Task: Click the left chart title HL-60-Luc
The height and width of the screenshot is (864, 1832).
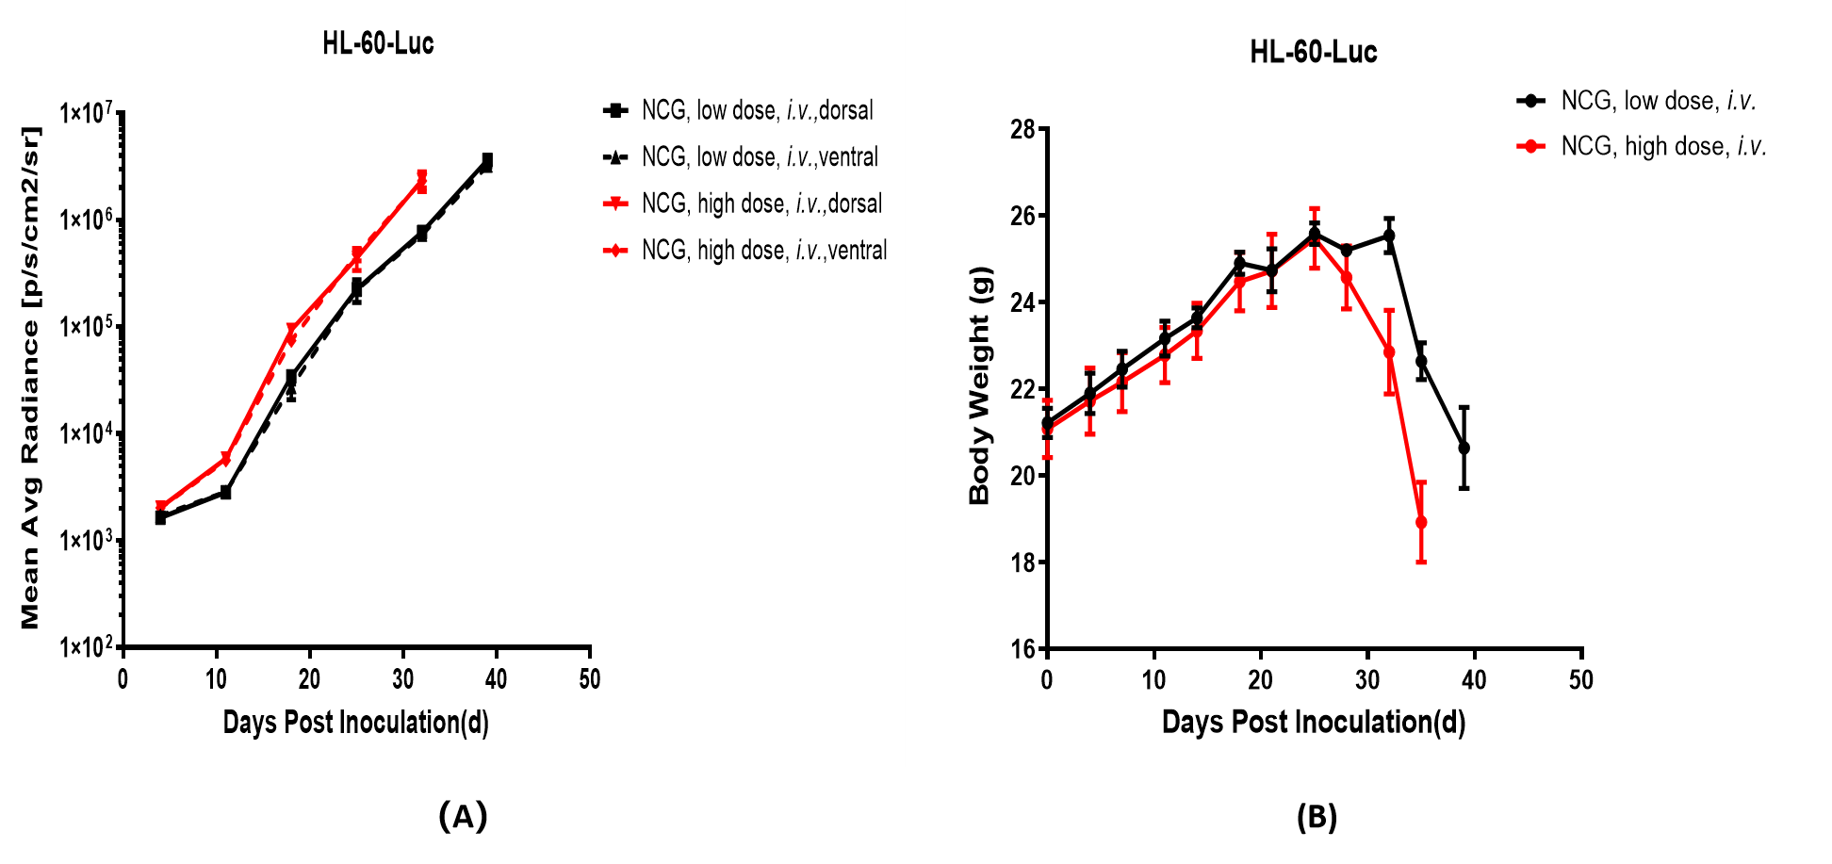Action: click(378, 43)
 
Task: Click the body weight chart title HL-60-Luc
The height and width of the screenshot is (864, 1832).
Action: click(1313, 52)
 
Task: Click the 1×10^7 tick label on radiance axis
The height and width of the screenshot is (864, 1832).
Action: click(87, 114)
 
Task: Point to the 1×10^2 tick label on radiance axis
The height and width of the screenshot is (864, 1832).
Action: click(87, 647)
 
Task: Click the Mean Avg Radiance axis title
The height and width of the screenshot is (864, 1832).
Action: click(30, 377)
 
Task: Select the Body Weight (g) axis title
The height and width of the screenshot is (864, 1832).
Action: click(980, 385)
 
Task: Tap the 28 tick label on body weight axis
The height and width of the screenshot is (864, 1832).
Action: click(1022, 129)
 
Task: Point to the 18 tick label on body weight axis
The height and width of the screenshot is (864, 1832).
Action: click(1022, 562)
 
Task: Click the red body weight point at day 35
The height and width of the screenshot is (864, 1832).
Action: click(1421, 522)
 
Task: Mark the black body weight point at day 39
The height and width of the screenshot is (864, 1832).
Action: click(1464, 448)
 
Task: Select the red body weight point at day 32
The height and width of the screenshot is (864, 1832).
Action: click(1389, 352)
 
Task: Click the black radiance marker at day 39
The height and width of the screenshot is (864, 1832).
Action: click(487, 160)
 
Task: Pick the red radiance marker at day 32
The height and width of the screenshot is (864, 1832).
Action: click(421, 179)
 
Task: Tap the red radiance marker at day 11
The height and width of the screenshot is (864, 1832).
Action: click(225, 459)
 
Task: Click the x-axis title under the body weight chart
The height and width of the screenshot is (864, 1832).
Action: click(1313, 722)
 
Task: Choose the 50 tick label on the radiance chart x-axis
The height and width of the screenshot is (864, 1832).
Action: click(590, 679)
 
